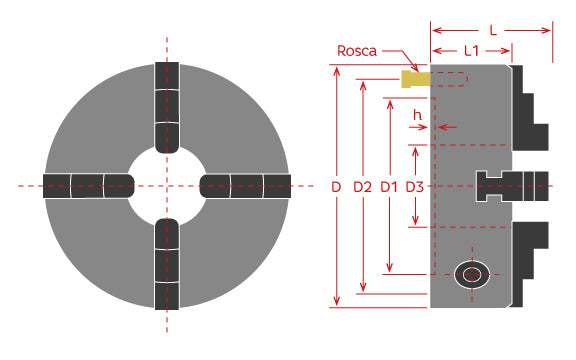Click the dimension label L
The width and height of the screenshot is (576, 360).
[493, 17]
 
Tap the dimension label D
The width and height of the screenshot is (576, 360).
[336, 187]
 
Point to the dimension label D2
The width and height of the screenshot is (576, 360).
[363, 187]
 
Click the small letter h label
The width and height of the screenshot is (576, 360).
[418, 116]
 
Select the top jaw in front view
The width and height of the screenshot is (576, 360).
[167, 106]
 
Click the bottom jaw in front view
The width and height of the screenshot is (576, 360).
[167, 265]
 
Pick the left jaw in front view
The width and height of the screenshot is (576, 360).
[88, 185]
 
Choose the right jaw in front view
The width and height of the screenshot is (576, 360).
[245, 185]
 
